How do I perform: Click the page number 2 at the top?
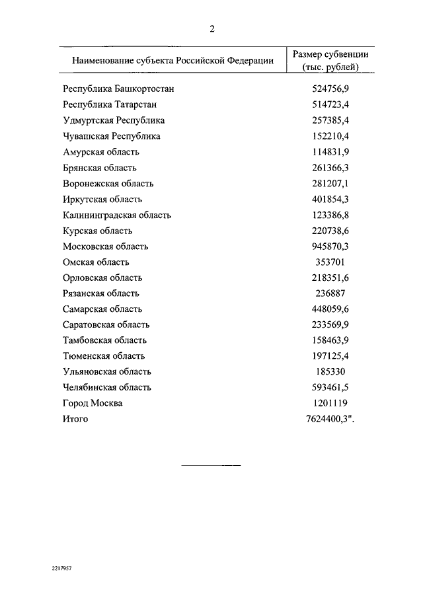click(211, 28)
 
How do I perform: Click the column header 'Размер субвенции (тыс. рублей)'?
click(330, 60)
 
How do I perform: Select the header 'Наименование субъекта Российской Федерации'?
click(168, 60)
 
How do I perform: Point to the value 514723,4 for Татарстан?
click(330, 104)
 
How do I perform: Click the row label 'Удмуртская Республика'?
click(114, 120)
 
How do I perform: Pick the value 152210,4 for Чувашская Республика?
click(330, 136)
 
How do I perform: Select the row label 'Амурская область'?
click(101, 152)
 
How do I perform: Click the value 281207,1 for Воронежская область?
click(330, 183)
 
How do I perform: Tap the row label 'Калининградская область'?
click(117, 215)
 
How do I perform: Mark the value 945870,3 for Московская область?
click(330, 246)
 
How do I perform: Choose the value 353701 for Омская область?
click(330, 262)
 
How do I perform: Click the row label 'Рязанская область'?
click(101, 293)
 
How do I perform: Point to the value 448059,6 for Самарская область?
click(330, 309)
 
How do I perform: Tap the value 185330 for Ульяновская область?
click(330, 371)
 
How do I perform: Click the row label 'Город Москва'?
click(93, 403)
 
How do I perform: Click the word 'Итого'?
click(75, 419)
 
